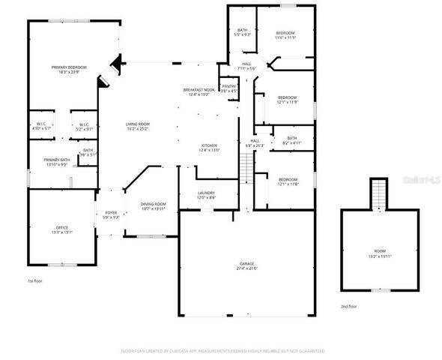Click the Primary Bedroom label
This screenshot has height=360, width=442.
69,70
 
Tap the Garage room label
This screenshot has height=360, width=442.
246,265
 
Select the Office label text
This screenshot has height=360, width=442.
61,229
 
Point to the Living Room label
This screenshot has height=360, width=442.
137,126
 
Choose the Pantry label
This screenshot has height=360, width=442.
228,88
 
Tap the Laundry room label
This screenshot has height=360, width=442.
206,195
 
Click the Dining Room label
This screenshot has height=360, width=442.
154,206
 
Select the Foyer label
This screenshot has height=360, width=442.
111,215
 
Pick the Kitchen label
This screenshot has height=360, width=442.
208,148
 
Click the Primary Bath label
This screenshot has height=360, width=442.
56,162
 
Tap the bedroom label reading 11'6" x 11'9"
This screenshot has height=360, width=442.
285,35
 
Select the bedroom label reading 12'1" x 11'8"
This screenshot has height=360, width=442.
288,182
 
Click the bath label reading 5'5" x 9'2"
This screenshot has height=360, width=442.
242,32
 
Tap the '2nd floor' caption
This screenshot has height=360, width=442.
348,306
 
